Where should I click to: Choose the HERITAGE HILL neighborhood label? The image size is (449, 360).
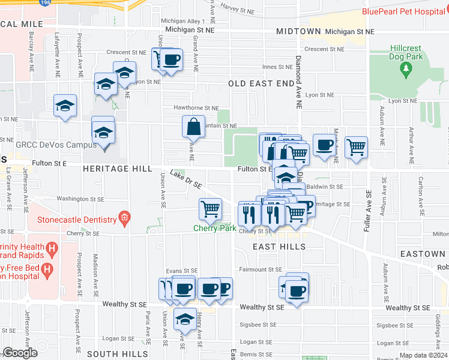pyautogui.click(x=118, y=169)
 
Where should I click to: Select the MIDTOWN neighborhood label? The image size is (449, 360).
pyautogui.click(x=298, y=31)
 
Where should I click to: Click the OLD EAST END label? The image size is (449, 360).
pyautogui.click(x=261, y=83)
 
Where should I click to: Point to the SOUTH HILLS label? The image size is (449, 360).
pyautogui.click(x=118, y=354)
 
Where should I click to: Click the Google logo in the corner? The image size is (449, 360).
pyautogui.click(x=20, y=353)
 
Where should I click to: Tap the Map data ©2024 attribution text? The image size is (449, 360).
pyautogui.click(x=423, y=355)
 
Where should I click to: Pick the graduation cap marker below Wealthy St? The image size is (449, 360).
pyautogui.click(x=185, y=319)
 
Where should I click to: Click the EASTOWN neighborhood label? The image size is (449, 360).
pyautogui.click(x=424, y=254)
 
